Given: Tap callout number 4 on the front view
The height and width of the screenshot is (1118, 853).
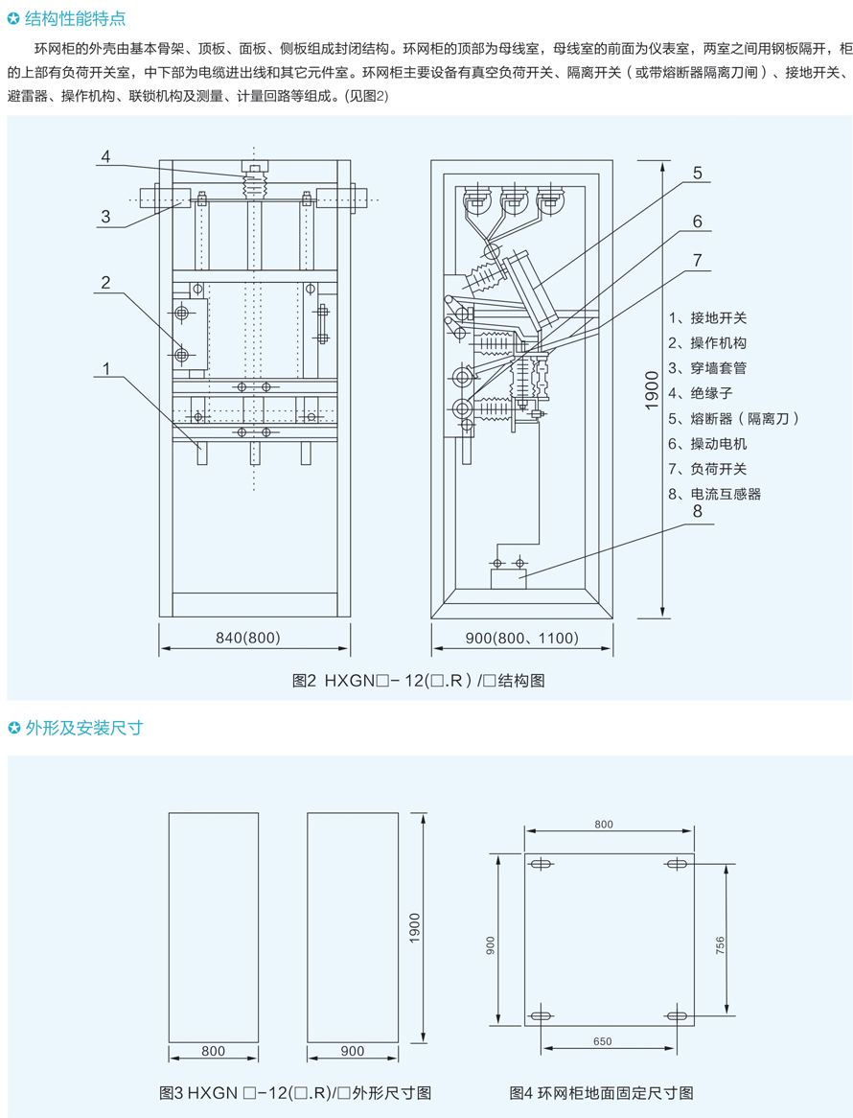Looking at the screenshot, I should coord(106,156).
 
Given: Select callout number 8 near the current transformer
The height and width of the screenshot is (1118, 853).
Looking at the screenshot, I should coord(697,511).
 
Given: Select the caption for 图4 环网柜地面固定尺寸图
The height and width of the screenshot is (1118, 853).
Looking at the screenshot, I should coord(601,1092).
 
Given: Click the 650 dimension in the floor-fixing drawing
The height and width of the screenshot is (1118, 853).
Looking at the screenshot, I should coord(602,1041).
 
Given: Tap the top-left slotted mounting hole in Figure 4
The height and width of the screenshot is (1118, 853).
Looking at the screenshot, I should coord(541,865).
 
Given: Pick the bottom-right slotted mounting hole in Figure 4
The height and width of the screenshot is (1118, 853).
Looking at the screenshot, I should coord(677,1015).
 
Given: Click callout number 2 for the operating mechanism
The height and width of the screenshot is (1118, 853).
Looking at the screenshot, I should coord(106,282).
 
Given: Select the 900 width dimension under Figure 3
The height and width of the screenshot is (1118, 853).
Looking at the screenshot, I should coord(352,1051).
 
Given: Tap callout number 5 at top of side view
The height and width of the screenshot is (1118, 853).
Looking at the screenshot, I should coord(697,173).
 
